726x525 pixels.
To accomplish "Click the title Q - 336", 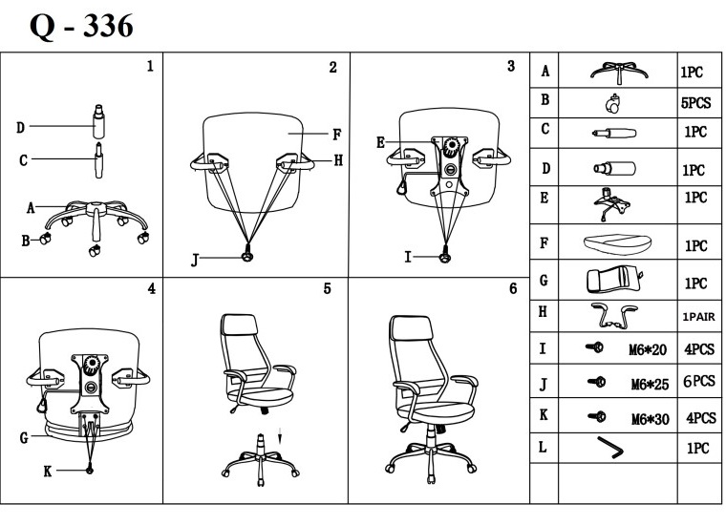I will coord(81,25).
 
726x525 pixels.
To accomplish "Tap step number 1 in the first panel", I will coord(150,67).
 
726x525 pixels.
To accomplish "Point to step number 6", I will coord(513,287).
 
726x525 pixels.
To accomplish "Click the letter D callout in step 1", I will coord(21,126).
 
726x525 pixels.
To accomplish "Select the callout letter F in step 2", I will coord(337,134).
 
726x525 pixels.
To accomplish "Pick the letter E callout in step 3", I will coord(381,143).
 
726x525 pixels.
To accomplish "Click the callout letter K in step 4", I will coord(47,470).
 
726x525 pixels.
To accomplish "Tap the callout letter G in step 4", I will coord(22,439).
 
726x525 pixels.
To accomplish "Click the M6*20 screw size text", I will coord(650,349).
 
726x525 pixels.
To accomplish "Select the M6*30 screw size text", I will coord(650,418).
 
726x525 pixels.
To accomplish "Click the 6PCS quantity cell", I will coord(698,382).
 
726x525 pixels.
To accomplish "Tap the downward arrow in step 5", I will coord(279,437).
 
